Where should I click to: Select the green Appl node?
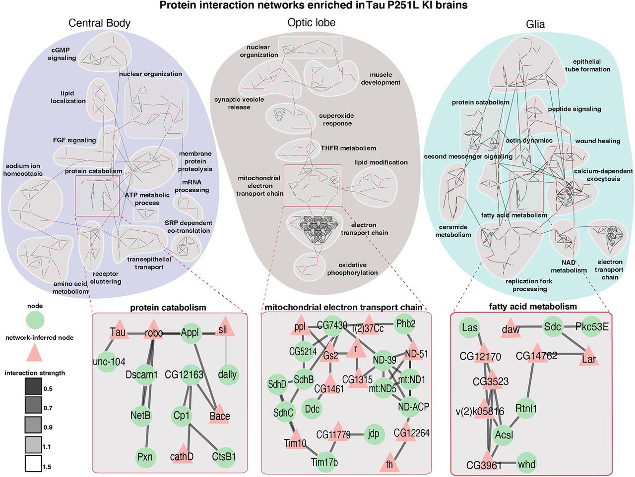click(x=190, y=332)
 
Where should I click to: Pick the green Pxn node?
click(x=145, y=456)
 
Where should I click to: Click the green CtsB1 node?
click(x=224, y=456)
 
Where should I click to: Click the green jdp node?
click(x=373, y=434)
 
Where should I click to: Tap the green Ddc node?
click(x=312, y=409)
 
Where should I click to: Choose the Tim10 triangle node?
click(x=295, y=441)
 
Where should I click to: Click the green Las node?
click(x=469, y=327)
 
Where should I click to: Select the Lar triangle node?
click(x=588, y=358)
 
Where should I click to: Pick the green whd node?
click(x=526, y=464)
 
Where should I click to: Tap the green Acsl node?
click(x=504, y=435)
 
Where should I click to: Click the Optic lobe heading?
click(x=311, y=23)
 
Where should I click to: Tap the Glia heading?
click(x=535, y=24)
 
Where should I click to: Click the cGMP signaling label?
click(x=62, y=54)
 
